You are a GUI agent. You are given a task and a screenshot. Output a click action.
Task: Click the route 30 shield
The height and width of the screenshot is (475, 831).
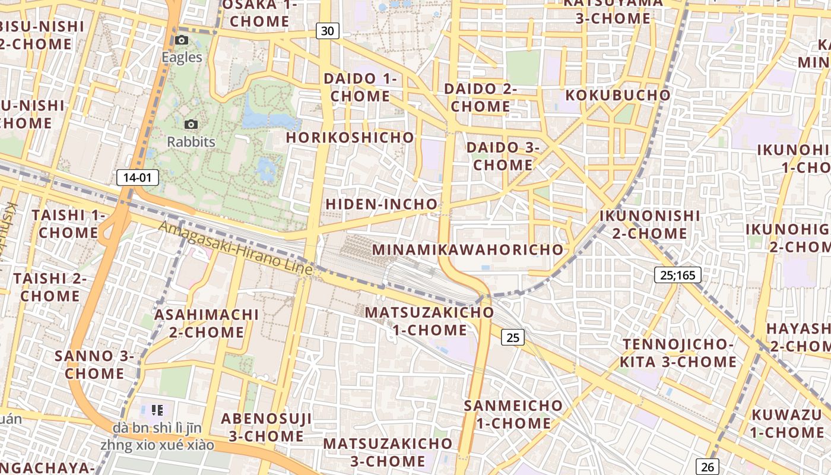327,31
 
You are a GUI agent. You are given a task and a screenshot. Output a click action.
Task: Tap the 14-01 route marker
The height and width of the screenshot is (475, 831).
138,177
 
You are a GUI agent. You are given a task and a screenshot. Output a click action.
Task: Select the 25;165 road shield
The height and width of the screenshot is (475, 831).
678,275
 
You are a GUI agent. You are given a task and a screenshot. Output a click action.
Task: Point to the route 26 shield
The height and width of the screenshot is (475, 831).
708,467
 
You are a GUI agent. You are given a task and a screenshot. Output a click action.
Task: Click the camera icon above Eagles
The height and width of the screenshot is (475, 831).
182,40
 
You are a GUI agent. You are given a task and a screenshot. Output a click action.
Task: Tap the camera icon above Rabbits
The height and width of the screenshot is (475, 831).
191,124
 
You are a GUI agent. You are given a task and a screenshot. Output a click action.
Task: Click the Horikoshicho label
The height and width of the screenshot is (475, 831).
350,137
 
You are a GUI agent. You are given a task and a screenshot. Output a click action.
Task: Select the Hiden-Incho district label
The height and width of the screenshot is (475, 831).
382,204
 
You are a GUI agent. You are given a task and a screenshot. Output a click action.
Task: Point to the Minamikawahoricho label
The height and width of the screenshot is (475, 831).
468,249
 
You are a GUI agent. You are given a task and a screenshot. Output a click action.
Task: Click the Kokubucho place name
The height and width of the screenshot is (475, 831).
618,95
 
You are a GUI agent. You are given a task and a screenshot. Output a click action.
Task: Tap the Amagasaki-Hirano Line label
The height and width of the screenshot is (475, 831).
235,248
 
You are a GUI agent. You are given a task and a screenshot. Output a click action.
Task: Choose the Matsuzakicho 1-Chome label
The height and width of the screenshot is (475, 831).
429,321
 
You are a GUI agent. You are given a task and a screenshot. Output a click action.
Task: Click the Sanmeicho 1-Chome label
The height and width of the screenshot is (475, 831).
513,414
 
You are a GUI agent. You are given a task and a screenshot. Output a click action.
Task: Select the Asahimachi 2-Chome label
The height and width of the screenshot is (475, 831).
207,323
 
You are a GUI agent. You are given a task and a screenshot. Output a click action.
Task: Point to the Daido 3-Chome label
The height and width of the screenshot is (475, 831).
503,156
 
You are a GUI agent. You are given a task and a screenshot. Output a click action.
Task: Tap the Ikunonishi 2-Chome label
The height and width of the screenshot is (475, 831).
650,224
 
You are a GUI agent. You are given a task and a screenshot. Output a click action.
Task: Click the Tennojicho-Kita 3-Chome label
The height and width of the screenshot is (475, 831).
678,353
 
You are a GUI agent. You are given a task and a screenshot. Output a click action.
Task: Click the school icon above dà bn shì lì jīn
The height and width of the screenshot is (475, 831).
157,410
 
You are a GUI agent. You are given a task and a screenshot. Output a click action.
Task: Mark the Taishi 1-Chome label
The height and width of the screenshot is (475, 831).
68,223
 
